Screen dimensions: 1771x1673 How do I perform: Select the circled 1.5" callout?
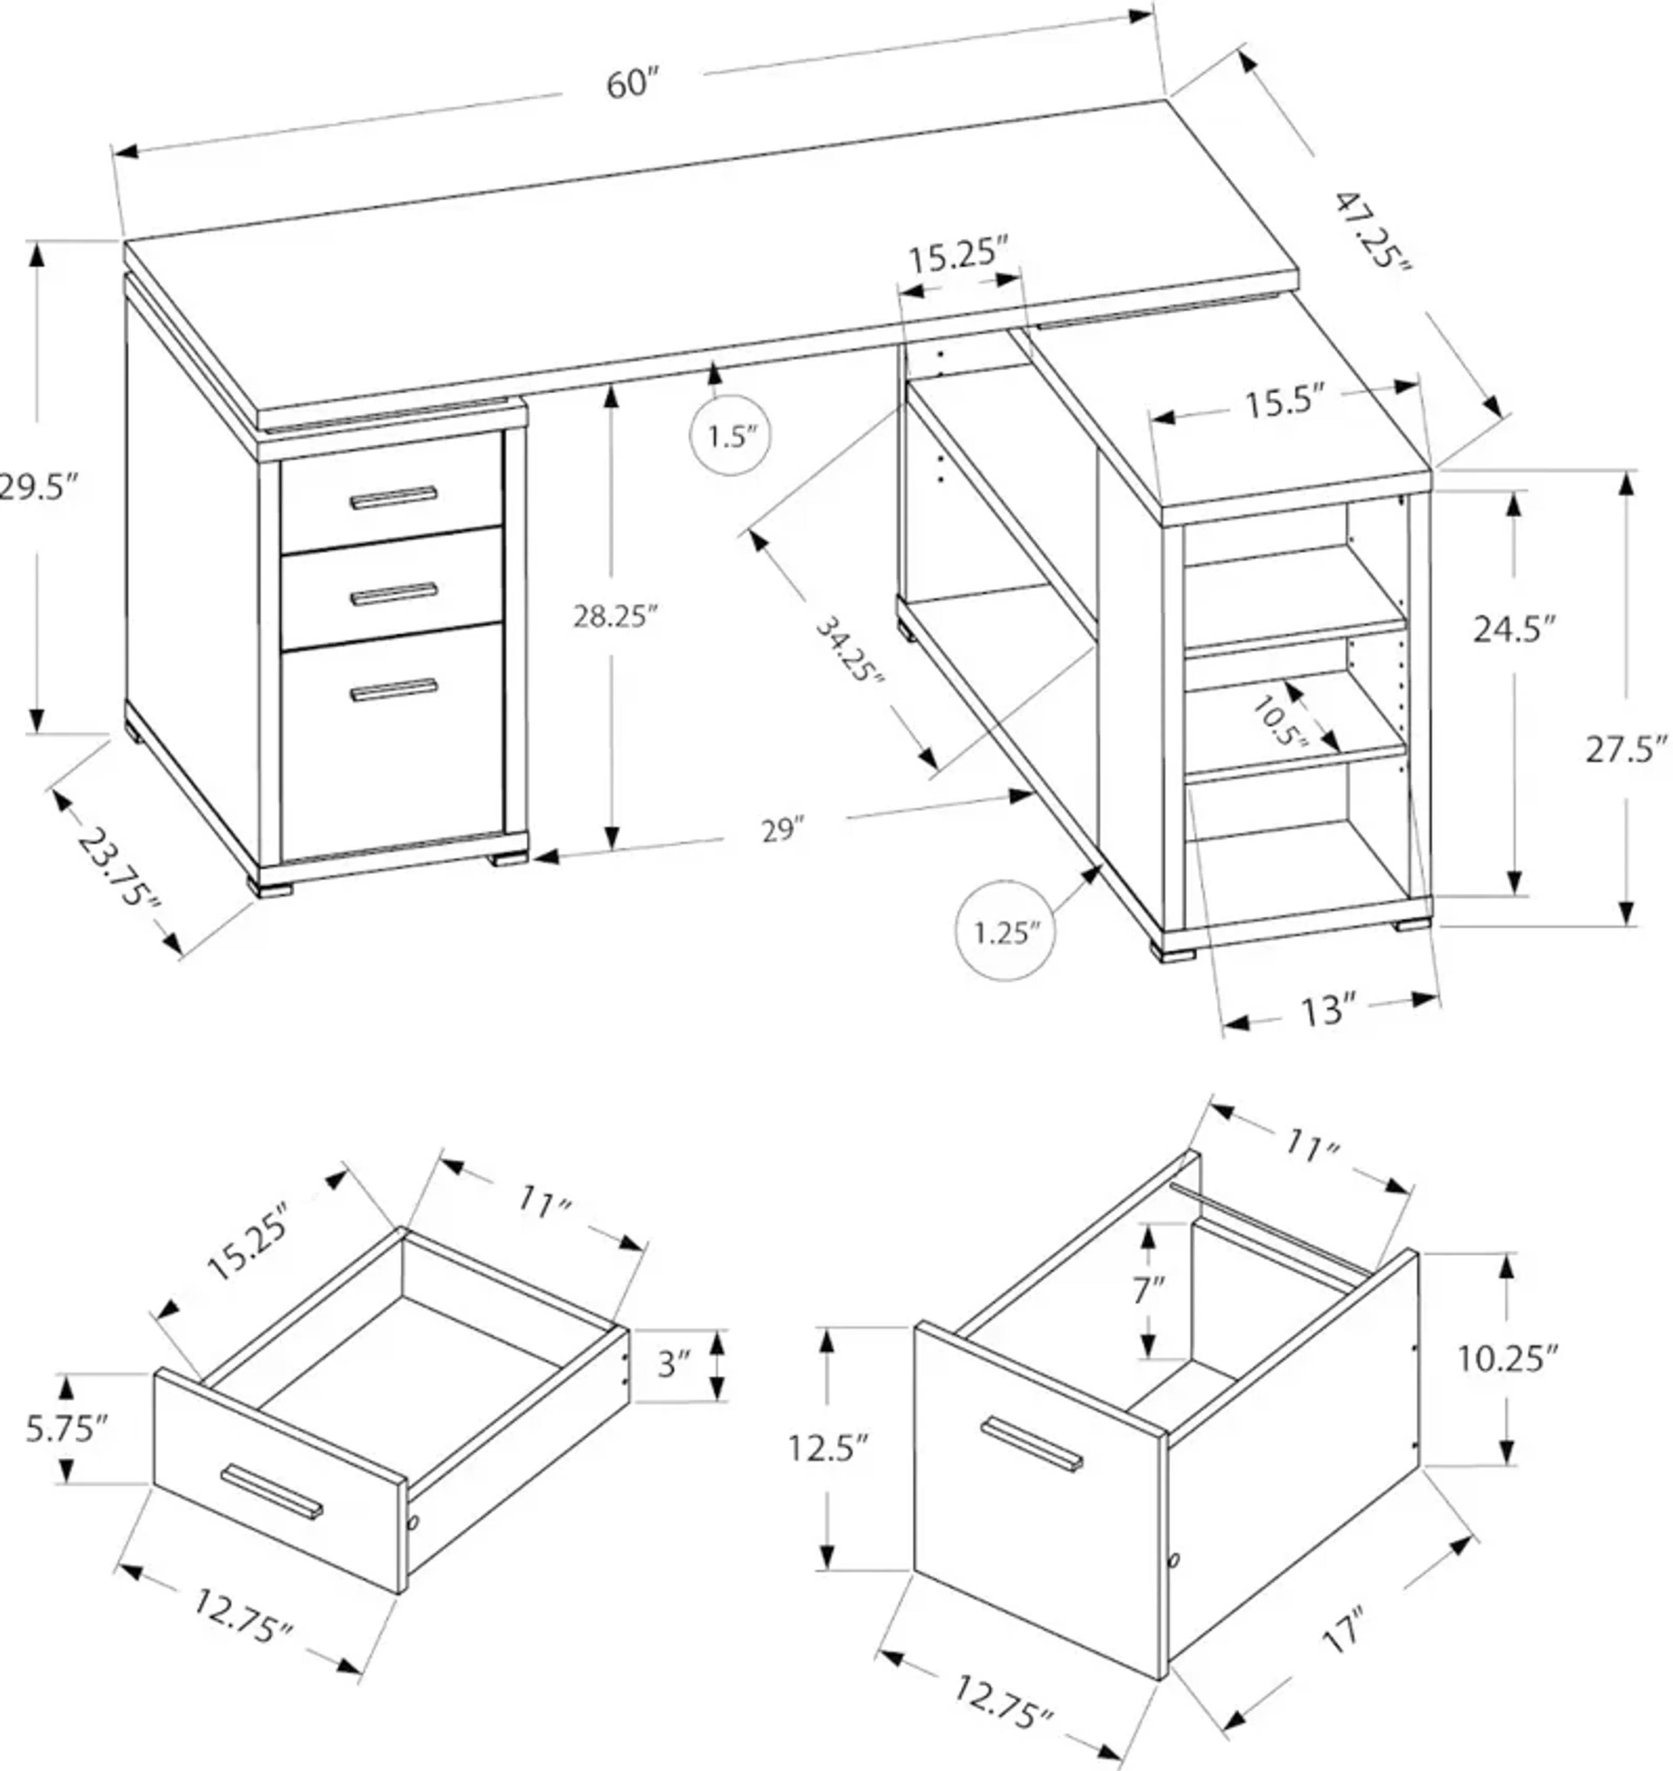click(x=730, y=436)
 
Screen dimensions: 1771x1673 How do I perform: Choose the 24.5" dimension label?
click(x=1514, y=629)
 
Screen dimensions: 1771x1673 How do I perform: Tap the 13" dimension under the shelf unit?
click(x=1327, y=1011)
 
